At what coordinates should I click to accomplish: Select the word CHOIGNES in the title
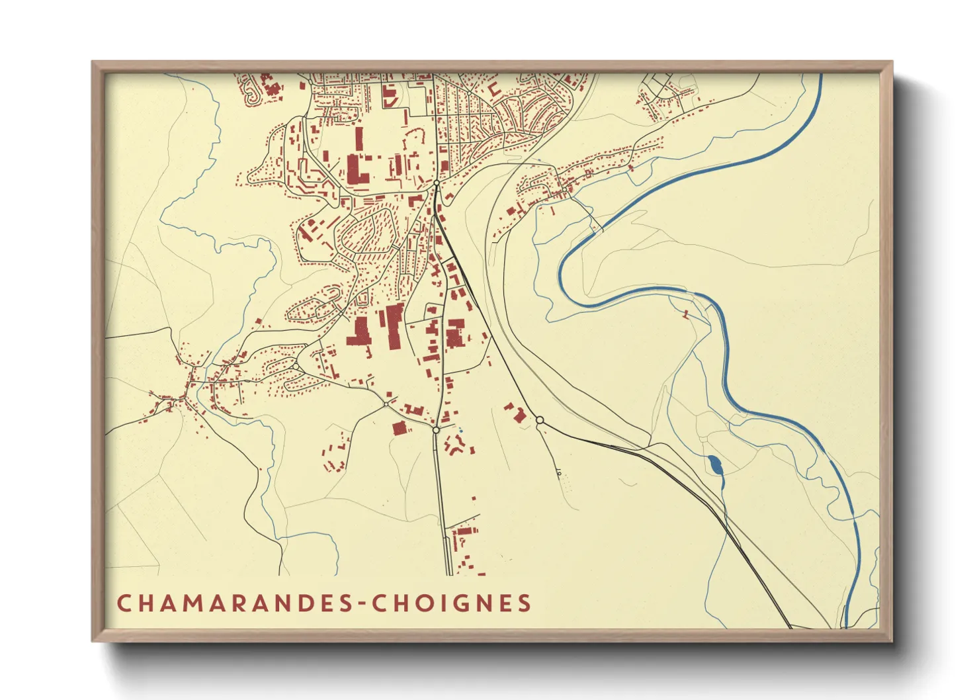point(452,603)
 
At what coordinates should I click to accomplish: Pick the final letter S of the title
point(525,603)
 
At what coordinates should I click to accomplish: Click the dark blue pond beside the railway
point(714,465)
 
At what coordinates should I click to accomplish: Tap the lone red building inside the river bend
point(686,313)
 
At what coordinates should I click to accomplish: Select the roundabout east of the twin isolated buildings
point(540,420)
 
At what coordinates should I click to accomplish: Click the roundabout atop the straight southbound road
point(436,430)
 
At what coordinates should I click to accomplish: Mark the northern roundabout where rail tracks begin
point(437,183)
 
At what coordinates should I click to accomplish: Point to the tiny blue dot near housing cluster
point(460,431)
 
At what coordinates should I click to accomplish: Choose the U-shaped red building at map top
point(493,88)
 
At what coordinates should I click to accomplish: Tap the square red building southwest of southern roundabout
point(398,429)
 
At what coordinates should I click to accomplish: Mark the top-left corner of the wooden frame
point(93,62)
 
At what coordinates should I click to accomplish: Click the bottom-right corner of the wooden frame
point(892,640)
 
